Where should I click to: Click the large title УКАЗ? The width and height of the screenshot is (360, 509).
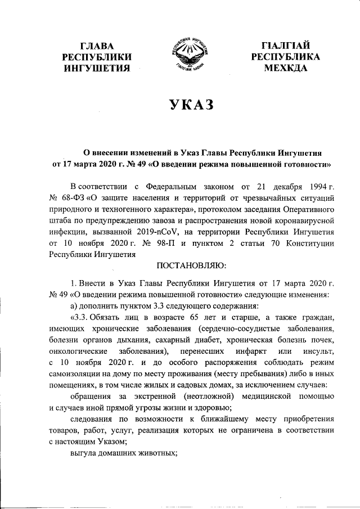pyautogui.click(x=181, y=106)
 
